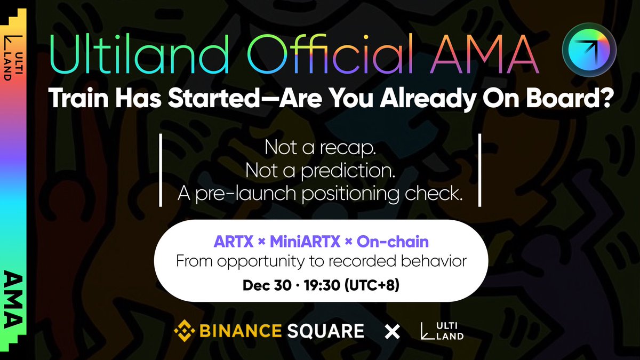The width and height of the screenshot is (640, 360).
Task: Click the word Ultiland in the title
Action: pyautogui.click(x=139, y=54)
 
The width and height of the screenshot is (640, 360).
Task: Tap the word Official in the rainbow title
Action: pyautogui.click(x=330, y=53)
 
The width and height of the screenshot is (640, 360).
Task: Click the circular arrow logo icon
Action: pyautogui.click(x=589, y=50)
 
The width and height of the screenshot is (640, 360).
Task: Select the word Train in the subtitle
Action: pyautogui.click(x=78, y=98)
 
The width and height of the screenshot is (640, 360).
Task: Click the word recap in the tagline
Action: pyautogui.click(x=347, y=148)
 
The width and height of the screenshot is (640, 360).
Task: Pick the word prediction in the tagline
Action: pyautogui.click(x=348, y=171)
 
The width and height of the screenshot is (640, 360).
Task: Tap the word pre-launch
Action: pyautogui.click(x=246, y=194)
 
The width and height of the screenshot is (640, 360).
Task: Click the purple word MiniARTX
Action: pyautogui.click(x=305, y=242)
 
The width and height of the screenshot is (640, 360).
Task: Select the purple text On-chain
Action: pyautogui.click(x=393, y=242)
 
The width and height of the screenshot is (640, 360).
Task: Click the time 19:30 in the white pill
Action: pyautogui.click(x=322, y=285)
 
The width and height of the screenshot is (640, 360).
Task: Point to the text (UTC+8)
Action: pyautogui.click(x=372, y=285)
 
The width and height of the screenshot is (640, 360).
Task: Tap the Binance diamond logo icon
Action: pyautogui.click(x=185, y=331)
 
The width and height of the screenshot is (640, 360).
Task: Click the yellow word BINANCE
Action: pyautogui.click(x=241, y=331)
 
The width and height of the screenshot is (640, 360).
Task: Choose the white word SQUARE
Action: pyautogui.click(x=326, y=331)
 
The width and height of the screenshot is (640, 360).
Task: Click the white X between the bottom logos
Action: pyautogui.click(x=392, y=332)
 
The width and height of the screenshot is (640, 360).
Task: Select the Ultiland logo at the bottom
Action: pyautogui.click(x=442, y=331)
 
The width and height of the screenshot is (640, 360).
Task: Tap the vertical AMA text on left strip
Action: pyautogui.click(x=13, y=299)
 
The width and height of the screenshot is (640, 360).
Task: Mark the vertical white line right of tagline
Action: pyautogui.click(x=479, y=170)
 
